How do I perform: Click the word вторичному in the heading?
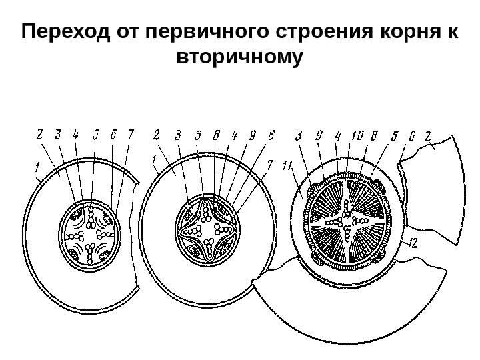pyautogui.click(x=239, y=57)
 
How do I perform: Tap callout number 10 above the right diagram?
pyautogui.click(x=357, y=135)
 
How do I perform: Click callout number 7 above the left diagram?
pyautogui.click(x=131, y=134)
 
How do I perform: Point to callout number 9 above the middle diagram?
pyautogui.click(x=253, y=135)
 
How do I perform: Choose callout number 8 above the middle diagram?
pyautogui.click(x=217, y=135)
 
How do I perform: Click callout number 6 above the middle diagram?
pyautogui.click(x=271, y=135)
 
